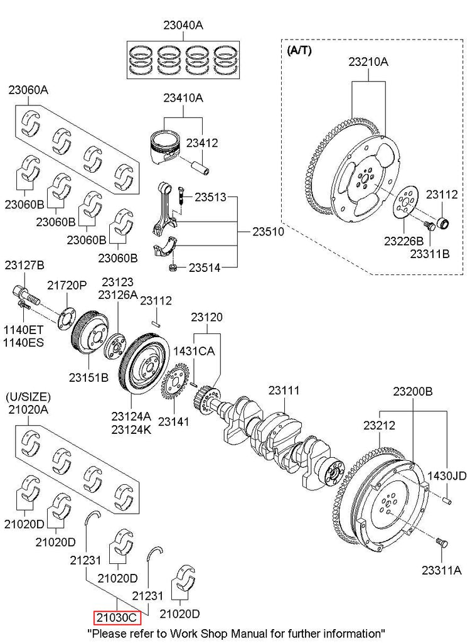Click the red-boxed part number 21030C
116,618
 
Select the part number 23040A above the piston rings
184,26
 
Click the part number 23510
268,231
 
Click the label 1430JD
447,476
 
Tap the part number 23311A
441,570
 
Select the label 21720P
67,285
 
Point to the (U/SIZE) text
28,397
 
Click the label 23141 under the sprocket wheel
173,421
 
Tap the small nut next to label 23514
171,269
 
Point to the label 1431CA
195,351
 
